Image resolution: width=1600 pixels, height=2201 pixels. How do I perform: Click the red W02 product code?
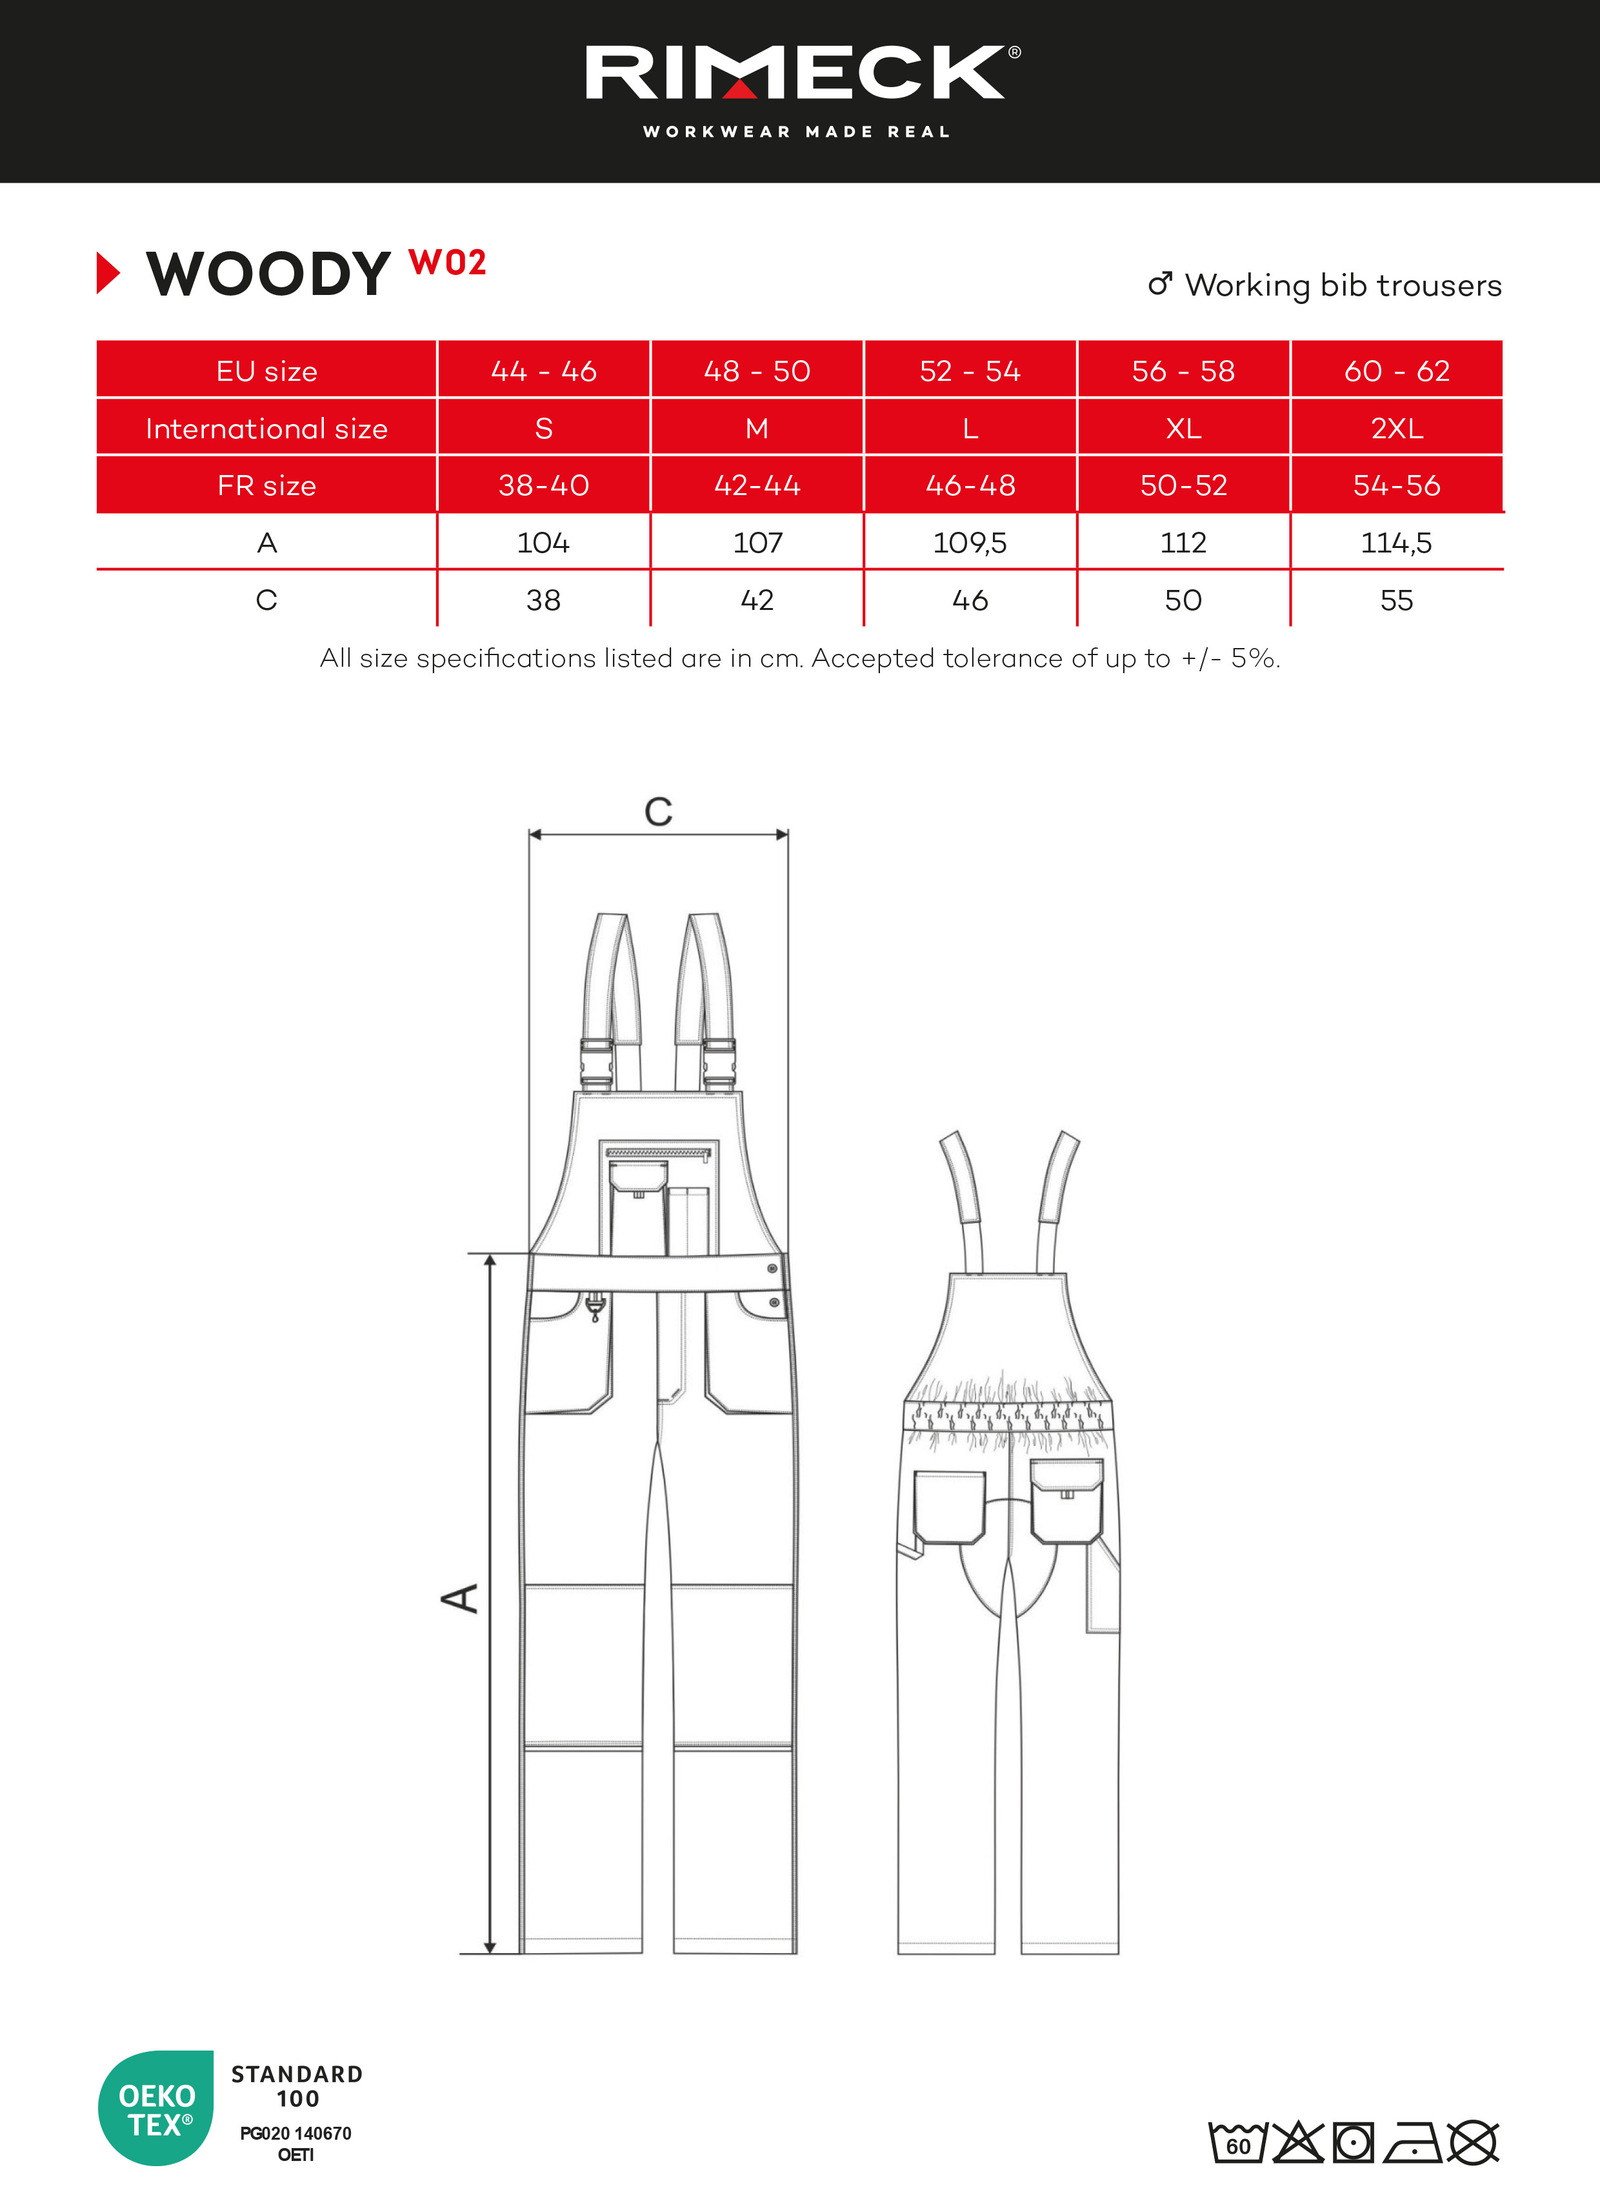(x=447, y=262)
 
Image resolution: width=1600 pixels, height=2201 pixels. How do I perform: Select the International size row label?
(x=267, y=428)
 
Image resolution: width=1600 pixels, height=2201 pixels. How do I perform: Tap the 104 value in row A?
(x=543, y=542)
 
